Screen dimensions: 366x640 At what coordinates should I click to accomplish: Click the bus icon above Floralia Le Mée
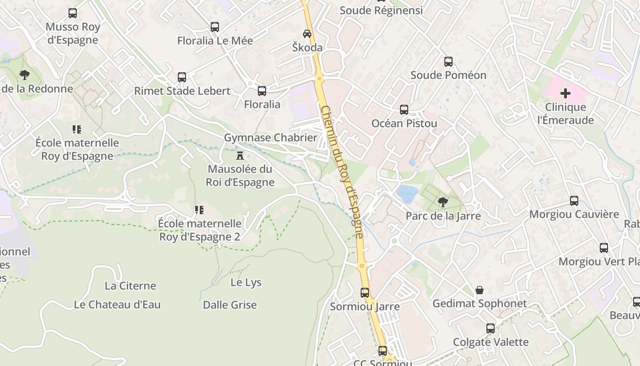coord(215,27)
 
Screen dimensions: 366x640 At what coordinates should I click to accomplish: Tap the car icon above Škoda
coord(307,34)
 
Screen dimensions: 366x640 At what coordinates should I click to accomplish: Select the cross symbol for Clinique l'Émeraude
coord(565,94)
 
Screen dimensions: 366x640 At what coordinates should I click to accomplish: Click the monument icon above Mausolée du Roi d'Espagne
coord(240,156)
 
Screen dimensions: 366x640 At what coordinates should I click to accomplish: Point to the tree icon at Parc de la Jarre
coord(443,202)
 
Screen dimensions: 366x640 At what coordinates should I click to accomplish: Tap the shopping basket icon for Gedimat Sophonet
coord(480,290)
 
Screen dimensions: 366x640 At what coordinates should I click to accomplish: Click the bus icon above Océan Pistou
coord(404,110)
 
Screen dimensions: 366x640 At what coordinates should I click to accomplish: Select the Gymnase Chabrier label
coord(271,138)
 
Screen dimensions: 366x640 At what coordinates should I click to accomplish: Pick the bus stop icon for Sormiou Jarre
coord(365,293)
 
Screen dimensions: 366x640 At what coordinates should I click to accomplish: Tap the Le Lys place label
coord(246,282)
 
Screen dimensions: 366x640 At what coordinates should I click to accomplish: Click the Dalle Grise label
coord(230,305)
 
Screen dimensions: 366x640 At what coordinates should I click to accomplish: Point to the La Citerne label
coord(130,286)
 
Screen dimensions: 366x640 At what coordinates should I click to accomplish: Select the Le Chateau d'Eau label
coord(117,305)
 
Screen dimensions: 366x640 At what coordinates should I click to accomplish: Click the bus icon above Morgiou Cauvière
coord(574,201)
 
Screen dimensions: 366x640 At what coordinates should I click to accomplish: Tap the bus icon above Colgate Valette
coord(491,328)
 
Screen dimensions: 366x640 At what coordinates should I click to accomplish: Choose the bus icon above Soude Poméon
coord(448,62)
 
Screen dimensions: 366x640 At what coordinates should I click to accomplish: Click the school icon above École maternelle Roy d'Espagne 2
coord(199,210)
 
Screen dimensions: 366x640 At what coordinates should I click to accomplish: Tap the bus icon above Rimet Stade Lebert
coord(182,77)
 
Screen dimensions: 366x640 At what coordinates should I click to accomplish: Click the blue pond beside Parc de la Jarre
coord(407,194)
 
